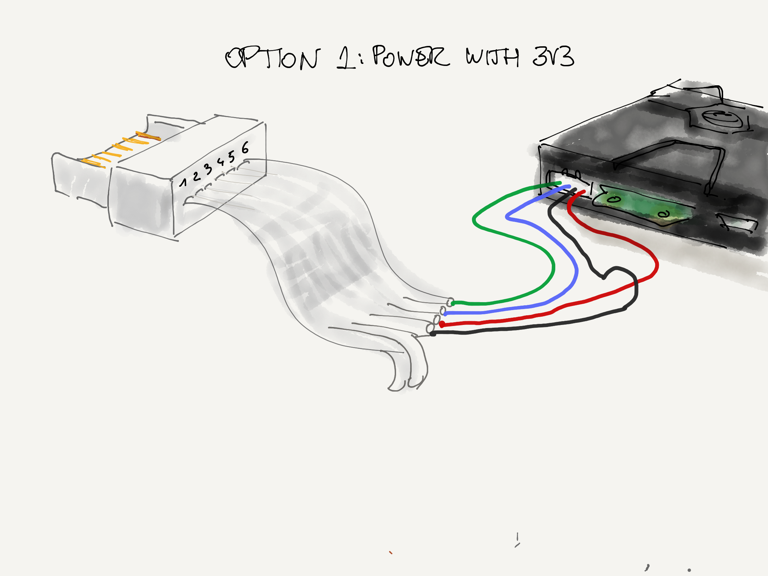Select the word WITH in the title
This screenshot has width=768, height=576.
493,57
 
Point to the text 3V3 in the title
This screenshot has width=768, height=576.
554,56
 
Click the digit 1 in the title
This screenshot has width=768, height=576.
346,58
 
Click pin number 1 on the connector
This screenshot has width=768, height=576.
183,182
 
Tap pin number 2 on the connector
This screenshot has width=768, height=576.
196,176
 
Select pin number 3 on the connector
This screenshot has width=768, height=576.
208,169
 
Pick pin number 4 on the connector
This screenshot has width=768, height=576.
220,162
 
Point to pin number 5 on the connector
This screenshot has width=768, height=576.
231,156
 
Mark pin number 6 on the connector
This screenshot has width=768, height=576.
245,147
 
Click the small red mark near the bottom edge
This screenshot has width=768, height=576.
391,553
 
